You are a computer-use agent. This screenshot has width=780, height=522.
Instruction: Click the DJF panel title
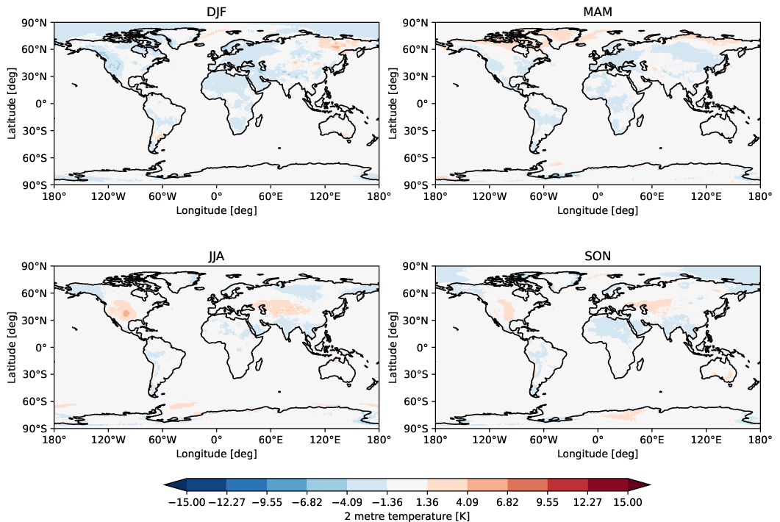(x=216, y=12)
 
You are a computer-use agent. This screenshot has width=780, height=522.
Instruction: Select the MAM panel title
(x=598, y=12)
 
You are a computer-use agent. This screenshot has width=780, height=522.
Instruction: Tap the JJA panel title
(x=216, y=256)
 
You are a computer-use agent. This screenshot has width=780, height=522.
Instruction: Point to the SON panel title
(x=598, y=256)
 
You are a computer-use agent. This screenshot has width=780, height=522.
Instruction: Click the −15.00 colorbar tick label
(x=187, y=502)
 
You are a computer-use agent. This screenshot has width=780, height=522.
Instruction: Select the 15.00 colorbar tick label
(x=628, y=502)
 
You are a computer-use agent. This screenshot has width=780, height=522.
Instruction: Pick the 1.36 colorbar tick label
(x=427, y=502)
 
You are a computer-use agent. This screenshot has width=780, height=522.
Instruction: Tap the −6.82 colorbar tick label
(x=307, y=502)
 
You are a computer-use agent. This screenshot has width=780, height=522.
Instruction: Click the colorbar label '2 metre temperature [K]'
(x=407, y=515)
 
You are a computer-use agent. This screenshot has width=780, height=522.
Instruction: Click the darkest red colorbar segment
(x=608, y=484)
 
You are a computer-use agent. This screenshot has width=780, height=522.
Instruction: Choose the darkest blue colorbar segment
(x=207, y=484)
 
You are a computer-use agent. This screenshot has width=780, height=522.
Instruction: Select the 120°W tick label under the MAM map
(x=490, y=196)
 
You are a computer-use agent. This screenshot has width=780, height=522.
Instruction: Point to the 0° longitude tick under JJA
(x=216, y=440)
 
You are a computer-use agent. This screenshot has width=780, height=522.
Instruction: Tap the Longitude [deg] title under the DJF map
(x=216, y=210)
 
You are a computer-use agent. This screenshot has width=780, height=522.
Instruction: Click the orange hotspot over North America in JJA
(x=126, y=313)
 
